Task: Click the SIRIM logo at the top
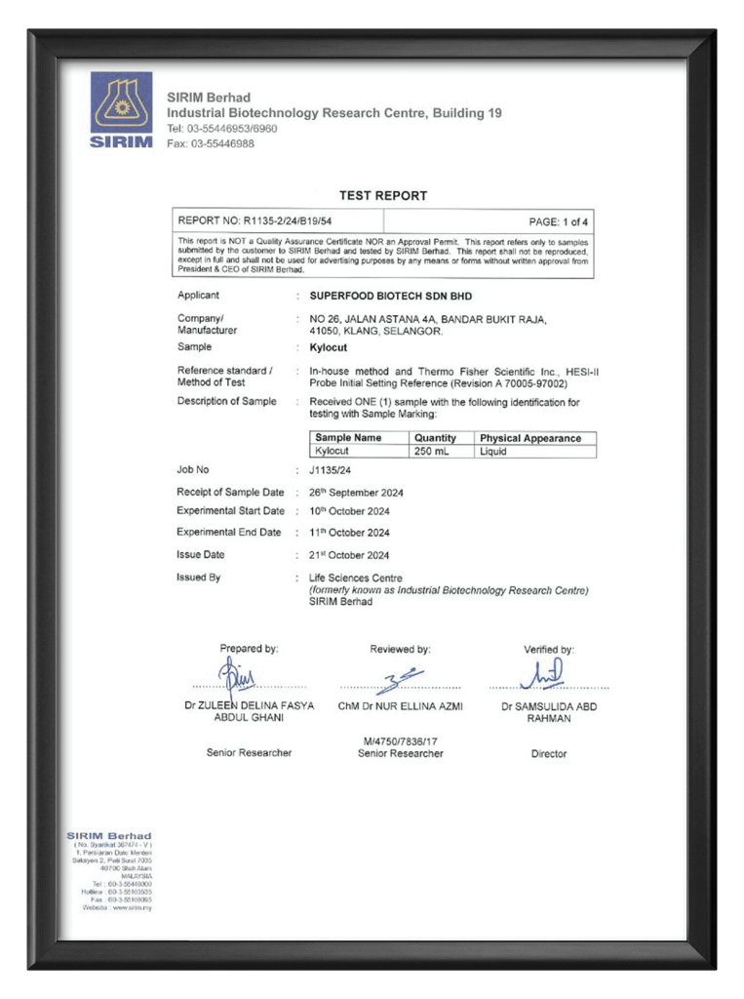[122, 109]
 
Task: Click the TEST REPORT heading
[383, 195]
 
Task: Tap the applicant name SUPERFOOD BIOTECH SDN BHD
[383, 296]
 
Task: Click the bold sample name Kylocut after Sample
[328, 346]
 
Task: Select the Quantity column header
[435, 438]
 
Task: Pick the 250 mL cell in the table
[432, 452]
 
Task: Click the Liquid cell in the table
[493, 452]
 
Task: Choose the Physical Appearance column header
[530, 438]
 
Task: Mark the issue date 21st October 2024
[349, 555]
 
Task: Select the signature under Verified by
[542, 674]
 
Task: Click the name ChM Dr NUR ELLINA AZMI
[400, 705]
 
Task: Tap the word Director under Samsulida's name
[549, 753]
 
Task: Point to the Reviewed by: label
[400, 649]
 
